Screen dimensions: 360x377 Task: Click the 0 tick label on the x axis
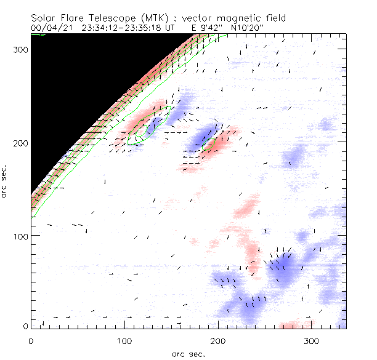[x=31, y=340]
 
